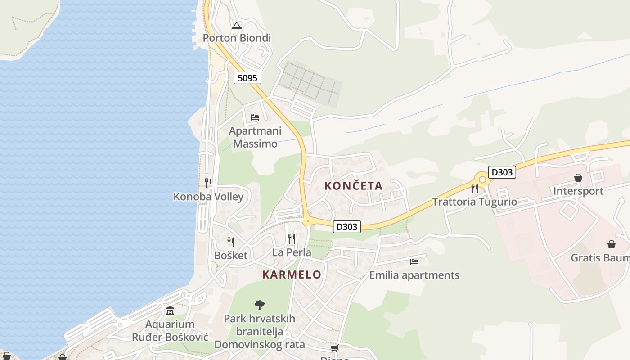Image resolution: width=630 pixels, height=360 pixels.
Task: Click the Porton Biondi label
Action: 237,38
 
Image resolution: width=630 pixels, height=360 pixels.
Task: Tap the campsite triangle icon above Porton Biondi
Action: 237,25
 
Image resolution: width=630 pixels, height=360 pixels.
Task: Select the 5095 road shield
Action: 247,78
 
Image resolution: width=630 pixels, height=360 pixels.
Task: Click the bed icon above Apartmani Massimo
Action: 255,117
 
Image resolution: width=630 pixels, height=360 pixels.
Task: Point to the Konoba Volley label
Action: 208,197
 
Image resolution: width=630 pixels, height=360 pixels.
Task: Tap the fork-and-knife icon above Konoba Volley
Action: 208,183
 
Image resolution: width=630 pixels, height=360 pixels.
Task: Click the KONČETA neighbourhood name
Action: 354,185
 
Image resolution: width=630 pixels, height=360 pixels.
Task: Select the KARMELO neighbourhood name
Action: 292,274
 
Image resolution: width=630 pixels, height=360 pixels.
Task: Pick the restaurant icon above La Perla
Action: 292,238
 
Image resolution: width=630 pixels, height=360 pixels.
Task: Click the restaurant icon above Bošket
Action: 231,242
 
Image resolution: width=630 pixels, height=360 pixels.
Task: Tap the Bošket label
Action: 231,256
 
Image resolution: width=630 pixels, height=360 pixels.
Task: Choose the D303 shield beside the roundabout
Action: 502,172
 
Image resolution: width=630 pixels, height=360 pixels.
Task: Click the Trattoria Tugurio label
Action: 475,202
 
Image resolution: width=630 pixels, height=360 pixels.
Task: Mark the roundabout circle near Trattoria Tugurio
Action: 482,180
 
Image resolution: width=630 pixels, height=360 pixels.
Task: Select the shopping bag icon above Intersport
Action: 578,178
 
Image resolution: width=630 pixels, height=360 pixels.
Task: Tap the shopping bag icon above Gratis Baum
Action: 612,244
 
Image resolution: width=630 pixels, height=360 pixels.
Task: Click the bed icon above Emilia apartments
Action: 414,261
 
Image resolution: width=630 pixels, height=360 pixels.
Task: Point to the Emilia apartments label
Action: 414,275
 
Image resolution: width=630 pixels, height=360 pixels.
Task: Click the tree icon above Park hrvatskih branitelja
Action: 260,305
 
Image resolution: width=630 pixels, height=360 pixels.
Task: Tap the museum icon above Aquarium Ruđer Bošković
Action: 170,311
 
